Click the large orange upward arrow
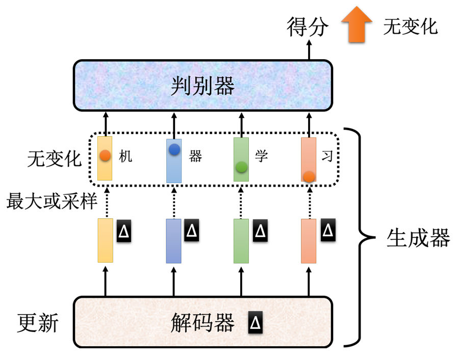coord(357,24)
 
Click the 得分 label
coord(308,27)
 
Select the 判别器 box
coord(202,86)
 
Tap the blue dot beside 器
coord(174,149)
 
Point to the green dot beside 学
coord(241,167)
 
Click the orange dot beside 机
coord(105,156)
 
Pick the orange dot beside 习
coord(309,176)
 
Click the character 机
coord(125,157)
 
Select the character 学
coord(262,157)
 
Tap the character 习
coord(327,157)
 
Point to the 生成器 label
coord(418,238)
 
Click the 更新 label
coord(38,323)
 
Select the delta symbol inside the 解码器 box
coord(256,322)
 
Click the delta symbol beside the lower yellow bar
coord(124,231)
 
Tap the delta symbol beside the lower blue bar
coord(192,230)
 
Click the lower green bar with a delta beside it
coord(241,241)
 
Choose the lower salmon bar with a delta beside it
coord(309,241)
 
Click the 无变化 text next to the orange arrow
coord(410,27)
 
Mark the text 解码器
coord(202,323)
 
